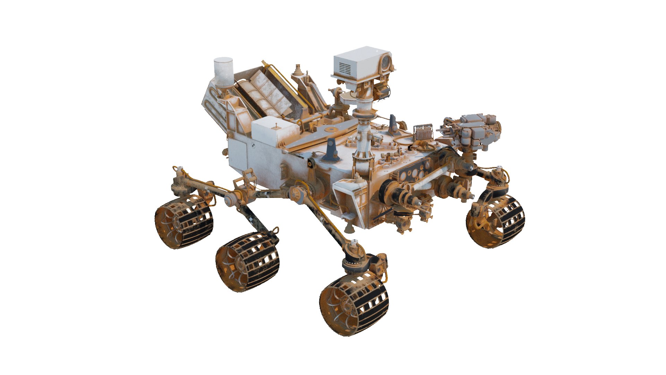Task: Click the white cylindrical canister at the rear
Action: click(x=223, y=72)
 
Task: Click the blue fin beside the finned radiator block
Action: click(x=393, y=125)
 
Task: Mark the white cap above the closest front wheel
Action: click(x=354, y=242)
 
